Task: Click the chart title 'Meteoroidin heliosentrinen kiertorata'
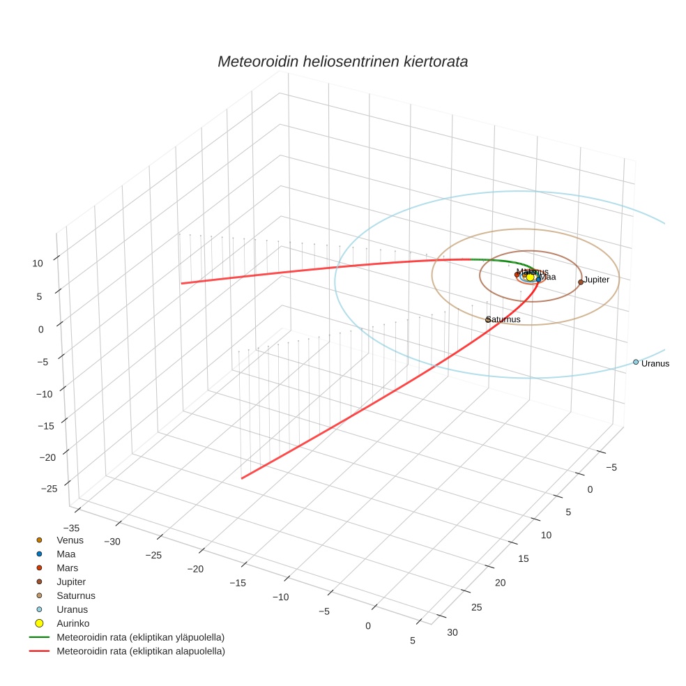coord(342,61)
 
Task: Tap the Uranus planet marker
coord(636,362)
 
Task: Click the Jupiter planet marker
coord(581,282)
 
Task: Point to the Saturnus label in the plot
coord(503,319)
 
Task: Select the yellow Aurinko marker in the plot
coord(530,277)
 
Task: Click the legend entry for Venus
coord(70,540)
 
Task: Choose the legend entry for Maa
coord(66,554)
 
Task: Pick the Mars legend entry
coord(67,567)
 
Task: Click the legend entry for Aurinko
coord(73,623)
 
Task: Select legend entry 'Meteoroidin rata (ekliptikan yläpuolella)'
coord(140,637)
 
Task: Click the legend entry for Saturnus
coord(75,595)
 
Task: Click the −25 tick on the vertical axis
coord(49,489)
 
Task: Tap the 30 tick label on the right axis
coord(452,632)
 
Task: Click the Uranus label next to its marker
coord(655,363)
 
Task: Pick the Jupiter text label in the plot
coord(597,280)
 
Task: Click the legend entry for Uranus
coord(72,609)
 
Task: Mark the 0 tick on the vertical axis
coord(41,328)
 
